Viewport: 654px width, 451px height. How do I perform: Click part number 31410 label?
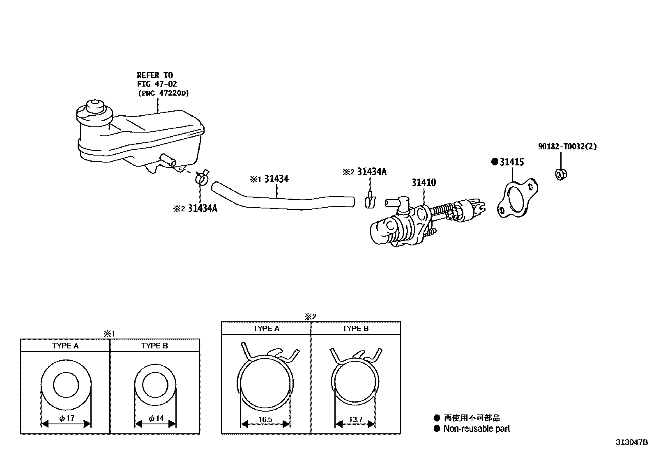point(424,183)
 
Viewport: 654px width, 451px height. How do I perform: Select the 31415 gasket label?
point(511,162)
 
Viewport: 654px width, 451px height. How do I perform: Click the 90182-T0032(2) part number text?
point(567,147)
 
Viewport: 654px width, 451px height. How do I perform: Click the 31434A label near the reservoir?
point(202,208)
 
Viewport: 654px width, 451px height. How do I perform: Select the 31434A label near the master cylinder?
point(371,172)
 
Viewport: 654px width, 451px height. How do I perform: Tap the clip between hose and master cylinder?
point(370,201)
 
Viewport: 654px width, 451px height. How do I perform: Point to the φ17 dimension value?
point(67,419)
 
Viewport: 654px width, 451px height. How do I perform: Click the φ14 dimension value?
point(156,419)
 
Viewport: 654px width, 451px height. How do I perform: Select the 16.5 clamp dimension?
point(266,420)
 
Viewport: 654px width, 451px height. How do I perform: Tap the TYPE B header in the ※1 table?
point(154,346)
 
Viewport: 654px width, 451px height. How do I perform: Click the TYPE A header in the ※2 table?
point(266,328)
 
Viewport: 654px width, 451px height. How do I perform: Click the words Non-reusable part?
point(477,428)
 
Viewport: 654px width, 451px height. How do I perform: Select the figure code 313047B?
point(631,442)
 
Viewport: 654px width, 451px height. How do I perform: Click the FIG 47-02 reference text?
point(157,84)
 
